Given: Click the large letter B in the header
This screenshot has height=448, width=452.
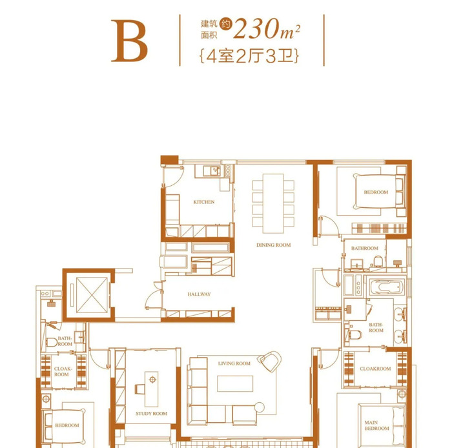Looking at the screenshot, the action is pyautogui.click(x=129, y=41).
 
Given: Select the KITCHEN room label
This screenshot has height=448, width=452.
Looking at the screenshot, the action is pyautogui.click(x=204, y=202).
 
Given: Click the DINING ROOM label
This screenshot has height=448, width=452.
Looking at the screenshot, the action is pyautogui.click(x=274, y=245).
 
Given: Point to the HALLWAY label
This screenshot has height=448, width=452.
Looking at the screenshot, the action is pyautogui.click(x=199, y=294).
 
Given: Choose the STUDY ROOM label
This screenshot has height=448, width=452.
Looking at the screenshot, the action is pyautogui.click(x=151, y=414).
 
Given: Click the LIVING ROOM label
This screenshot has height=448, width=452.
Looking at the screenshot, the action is pyautogui.click(x=234, y=363).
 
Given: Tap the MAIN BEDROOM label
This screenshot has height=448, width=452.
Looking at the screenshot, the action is pyautogui.click(x=376, y=425).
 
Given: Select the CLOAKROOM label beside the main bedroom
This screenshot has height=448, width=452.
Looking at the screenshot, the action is pyautogui.click(x=375, y=369).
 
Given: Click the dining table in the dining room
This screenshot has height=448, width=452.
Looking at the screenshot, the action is pyautogui.click(x=273, y=203).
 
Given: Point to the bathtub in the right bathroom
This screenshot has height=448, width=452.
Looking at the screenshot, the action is pyautogui.click(x=385, y=287).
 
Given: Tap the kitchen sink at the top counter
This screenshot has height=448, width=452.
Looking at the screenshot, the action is pyautogui.click(x=212, y=171).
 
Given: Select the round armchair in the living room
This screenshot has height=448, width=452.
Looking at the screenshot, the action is pyautogui.click(x=270, y=361).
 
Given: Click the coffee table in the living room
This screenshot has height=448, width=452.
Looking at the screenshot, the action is pyautogui.click(x=235, y=383).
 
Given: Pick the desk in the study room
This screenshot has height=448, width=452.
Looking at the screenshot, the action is pyautogui.click(x=151, y=389).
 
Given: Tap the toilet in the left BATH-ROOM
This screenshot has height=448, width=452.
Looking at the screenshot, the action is pyautogui.click(x=52, y=342).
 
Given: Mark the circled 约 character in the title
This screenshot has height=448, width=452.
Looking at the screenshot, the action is pyautogui.click(x=226, y=24).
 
